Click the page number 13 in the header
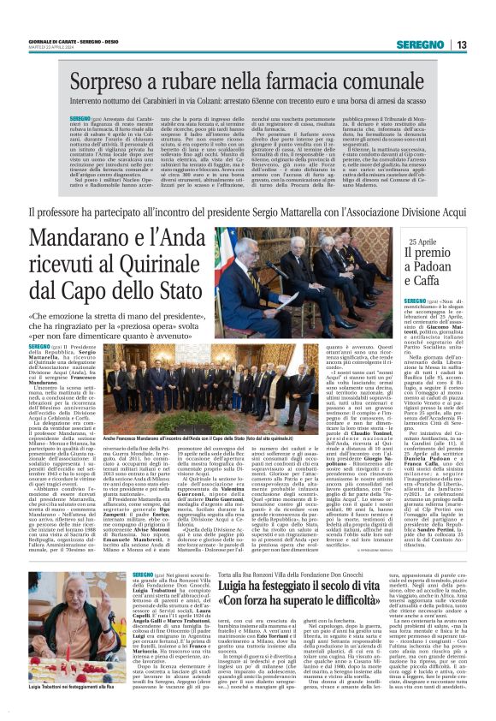(x=461, y=45)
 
